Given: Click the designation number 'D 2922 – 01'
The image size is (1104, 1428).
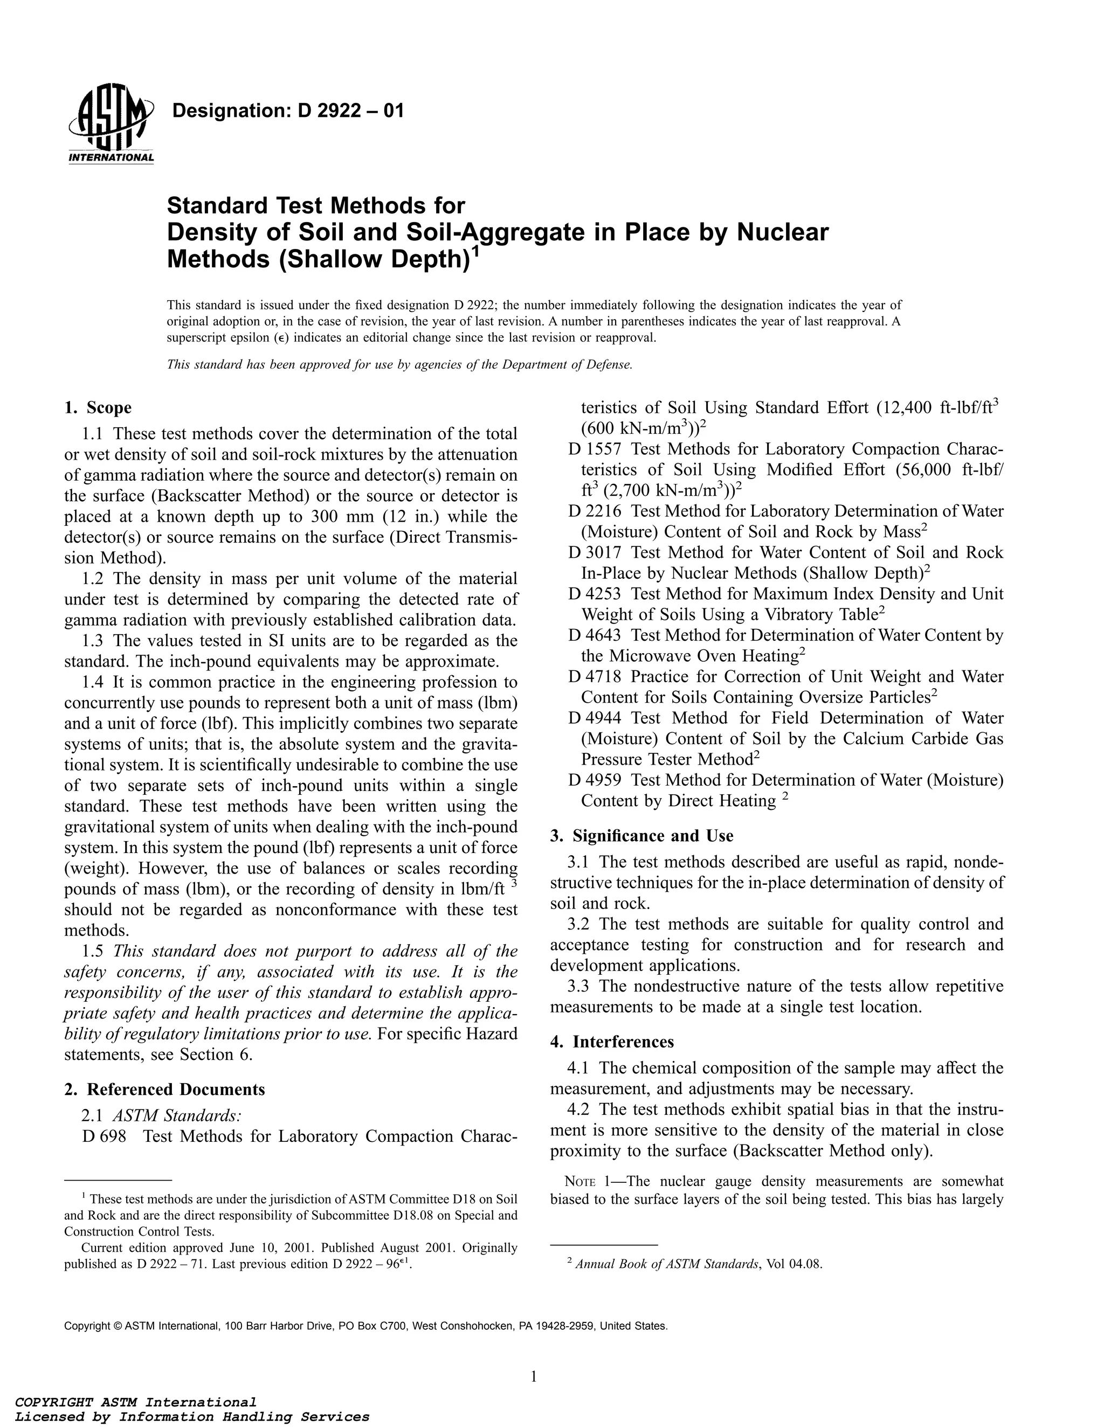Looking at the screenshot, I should tap(351, 111).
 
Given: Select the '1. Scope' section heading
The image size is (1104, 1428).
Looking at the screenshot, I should tap(98, 408).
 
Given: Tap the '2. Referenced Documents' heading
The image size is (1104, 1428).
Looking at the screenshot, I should tap(165, 1089).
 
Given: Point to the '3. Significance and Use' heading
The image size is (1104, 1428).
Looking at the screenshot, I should tap(641, 836).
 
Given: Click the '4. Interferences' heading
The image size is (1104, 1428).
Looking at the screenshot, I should tap(612, 1042).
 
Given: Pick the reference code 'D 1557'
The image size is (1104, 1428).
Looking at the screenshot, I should tap(595, 449).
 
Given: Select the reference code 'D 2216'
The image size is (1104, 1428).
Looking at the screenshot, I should tap(595, 511).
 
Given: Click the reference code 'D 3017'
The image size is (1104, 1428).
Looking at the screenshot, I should tap(595, 552).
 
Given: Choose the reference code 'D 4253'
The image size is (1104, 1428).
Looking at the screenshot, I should tap(595, 594).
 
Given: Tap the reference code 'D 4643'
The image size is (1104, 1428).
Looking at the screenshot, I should tap(595, 635).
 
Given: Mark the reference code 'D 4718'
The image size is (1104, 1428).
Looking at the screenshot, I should tap(595, 677).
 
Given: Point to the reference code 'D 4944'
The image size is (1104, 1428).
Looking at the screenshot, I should tap(595, 718).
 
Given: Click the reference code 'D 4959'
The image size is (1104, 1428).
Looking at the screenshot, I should tap(595, 780).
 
